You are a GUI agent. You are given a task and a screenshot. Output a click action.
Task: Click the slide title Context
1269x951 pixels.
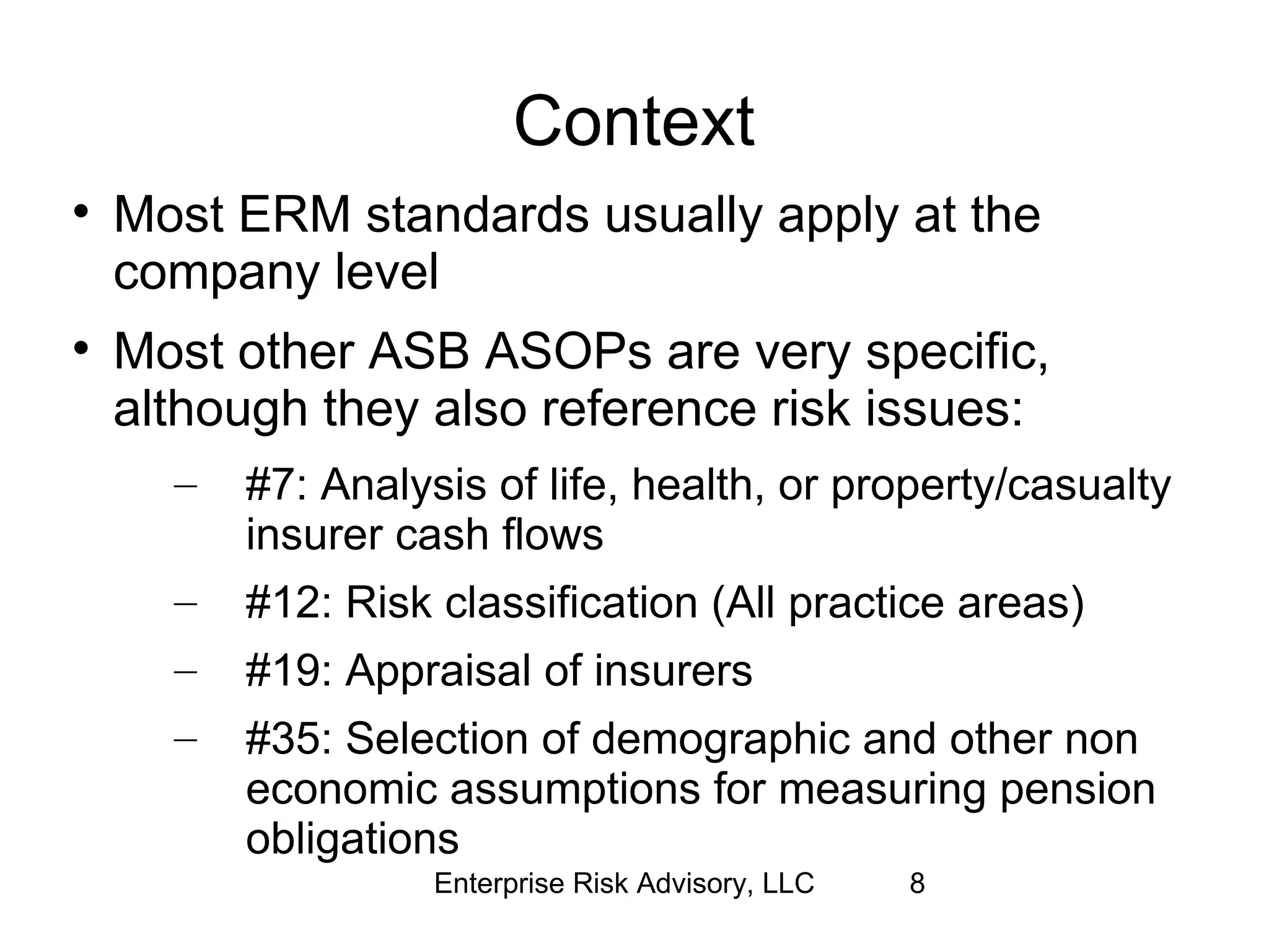[633, 122]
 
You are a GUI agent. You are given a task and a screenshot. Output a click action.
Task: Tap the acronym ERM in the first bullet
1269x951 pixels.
[294, 215]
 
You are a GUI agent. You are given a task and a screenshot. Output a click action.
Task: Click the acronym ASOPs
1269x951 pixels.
[568, 352]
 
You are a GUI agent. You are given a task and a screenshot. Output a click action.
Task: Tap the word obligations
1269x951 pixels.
[352, 839]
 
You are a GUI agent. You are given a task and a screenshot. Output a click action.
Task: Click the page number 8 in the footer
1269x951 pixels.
[917, 883]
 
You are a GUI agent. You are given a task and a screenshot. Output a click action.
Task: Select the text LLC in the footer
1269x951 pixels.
[788, 883]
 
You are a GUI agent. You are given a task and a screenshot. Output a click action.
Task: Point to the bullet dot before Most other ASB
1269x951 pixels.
[79, 349]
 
